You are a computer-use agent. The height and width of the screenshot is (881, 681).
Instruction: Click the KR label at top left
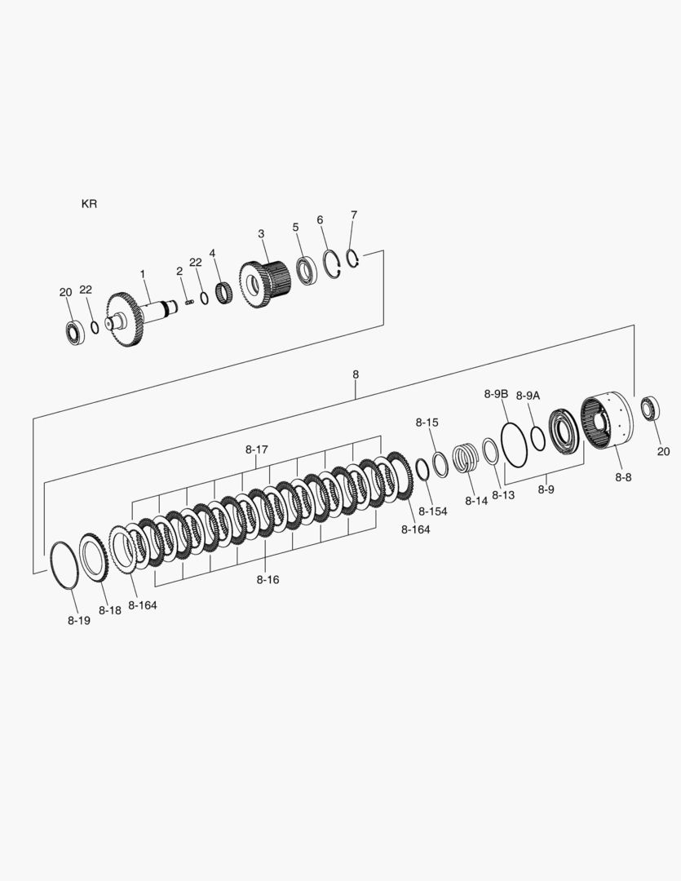click(x=90, y=203)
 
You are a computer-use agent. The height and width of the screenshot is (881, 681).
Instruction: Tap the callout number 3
click(x=261, y=234)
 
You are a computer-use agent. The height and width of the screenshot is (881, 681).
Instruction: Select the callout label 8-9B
click(x=496, y=394)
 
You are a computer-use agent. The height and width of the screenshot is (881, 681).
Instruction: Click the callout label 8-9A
click(x=528, y=396)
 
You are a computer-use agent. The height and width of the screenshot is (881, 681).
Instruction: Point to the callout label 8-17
click(x=256, y=449)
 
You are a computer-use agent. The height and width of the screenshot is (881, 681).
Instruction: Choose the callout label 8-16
click(x=268, y=579)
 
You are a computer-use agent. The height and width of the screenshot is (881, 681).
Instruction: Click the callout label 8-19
click(x=79, y=620)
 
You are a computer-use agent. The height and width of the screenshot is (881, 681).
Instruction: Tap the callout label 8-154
click(x=433, y=511)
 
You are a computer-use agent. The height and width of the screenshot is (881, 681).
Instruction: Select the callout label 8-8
click(x=623, y=477)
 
